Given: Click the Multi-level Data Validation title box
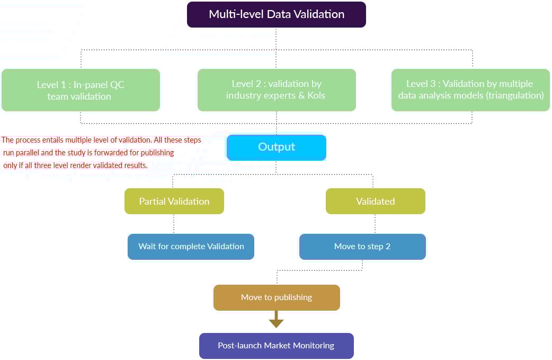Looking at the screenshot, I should [277, 14].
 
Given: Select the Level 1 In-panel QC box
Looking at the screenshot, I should [81, 90].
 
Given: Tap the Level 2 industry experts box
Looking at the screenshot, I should [277, 90].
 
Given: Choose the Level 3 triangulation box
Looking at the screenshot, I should [470, 90].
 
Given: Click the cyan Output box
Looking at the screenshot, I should [277, 147].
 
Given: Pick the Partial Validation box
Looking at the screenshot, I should [174, 201].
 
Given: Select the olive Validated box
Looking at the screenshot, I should [375, 201].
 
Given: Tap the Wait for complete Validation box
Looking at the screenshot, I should [191, 247].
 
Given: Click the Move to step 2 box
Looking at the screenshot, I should [362, 247].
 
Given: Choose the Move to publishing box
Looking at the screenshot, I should [277, 297].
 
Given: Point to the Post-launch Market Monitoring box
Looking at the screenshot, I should [276, 346].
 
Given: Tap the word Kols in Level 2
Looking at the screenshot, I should [316, 96].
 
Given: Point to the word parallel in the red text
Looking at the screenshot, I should [25, 153].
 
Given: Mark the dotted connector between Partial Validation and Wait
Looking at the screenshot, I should [174, 224].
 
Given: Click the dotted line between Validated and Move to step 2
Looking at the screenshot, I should [375, 224].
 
